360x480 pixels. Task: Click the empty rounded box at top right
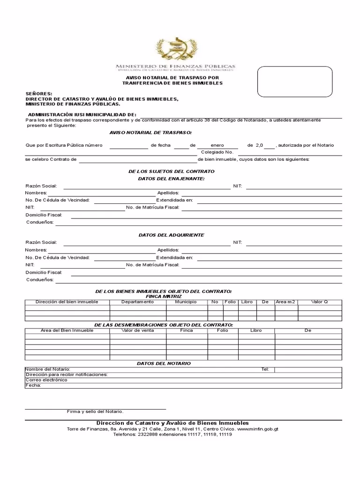click(x=294, y=82)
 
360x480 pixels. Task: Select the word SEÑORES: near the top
click(x=39, y=94)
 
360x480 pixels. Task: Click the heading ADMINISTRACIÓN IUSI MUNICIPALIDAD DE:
click(x=82, y=114)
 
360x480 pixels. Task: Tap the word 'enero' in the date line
click(x=217, y=145)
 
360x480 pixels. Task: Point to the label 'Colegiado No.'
click(x=217, y=152)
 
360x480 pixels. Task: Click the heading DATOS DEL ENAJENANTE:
click(x=171, y=179)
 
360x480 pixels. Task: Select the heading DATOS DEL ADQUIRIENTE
click(x=171, y=235)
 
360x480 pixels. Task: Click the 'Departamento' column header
click(x=137, y=302)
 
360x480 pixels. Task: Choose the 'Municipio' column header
click(x=186, y=302)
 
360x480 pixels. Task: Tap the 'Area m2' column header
click(x=285, y=302)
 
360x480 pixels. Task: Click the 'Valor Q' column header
click(x=319, y=302)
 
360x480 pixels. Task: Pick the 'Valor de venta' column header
click(x=137, y=330)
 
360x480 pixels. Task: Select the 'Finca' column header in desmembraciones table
click(x=186, y=330)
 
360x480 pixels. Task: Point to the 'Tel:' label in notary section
click(x=265, y=369)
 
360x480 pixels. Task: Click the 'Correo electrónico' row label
click(x=46, y=380)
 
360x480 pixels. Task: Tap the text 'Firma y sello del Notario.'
click(x=95, y=412)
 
